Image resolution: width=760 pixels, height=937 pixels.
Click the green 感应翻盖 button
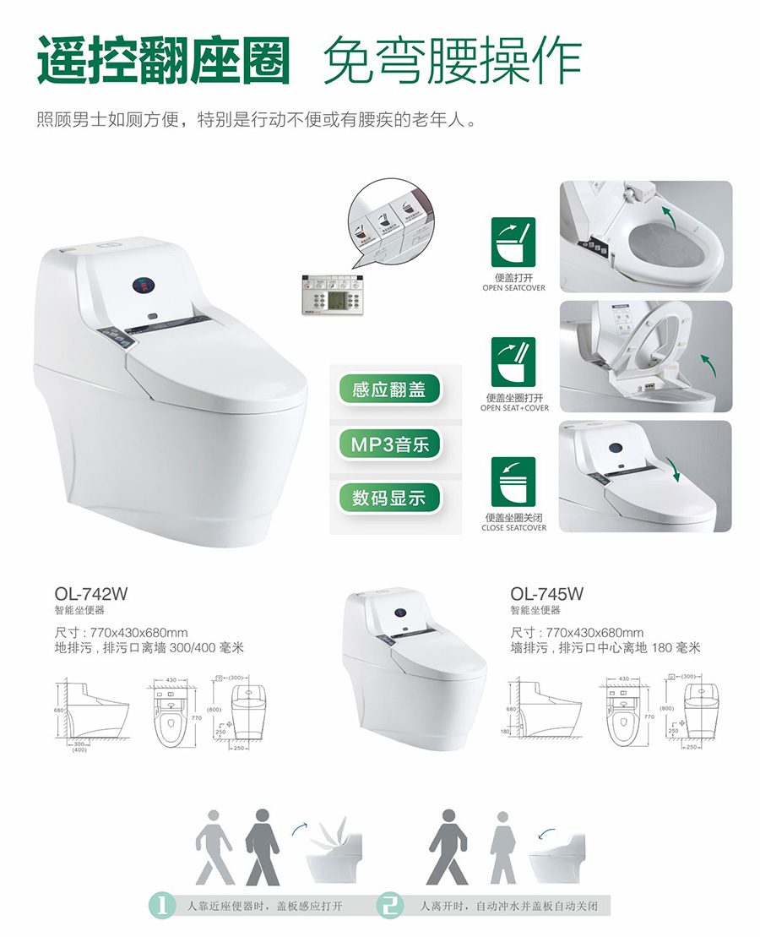pyautogui.click(x=389, y=390)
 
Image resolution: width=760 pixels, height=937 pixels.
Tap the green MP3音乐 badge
pyautogui.click(x=389, y=444)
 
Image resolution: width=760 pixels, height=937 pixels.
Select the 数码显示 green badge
pyautogui.click(x=389, y=497)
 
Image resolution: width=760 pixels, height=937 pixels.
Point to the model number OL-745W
pyautogui.click(x=546, y=594)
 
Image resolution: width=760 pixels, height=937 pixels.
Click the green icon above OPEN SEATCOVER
pyautogui.click(x=513, y=243)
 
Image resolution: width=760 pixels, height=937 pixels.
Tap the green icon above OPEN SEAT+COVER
pyautogui.click(x=513, y=362)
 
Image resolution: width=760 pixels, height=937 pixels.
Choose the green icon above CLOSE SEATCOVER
pyautogui.click(x=513, y=482)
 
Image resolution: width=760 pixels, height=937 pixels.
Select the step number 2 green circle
pyautogui.click(x=391, y=905)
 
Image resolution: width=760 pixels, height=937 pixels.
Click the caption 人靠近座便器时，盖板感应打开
pyautogui.click(x=263, y=906)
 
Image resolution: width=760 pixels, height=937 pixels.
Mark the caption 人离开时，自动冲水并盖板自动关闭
pyautogui.click(x=508, y=906)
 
